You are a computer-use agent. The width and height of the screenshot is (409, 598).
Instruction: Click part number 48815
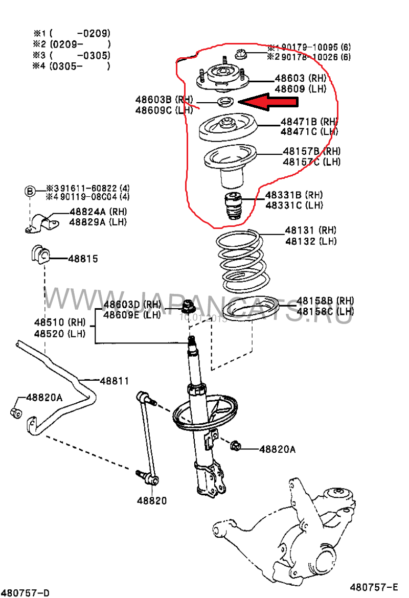click(x=84, y=259)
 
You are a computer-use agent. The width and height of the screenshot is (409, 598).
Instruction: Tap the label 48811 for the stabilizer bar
click(x=114, y=381)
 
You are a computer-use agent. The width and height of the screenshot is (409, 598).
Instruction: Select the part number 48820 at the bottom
click(x=151, y=501)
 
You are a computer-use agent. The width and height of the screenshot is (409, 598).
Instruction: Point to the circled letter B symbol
click(x=30, y=191)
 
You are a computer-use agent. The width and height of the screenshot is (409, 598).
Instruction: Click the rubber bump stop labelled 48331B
click(x=233, y=206)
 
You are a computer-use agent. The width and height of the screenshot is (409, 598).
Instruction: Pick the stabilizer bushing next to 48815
click(x=38, y=255)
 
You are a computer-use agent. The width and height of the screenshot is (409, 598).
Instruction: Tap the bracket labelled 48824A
click(x=41, y=224)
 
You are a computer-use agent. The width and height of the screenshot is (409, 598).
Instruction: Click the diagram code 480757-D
click(x=26, y=592)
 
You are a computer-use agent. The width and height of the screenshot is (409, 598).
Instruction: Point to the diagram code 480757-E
click(x=374, y=586)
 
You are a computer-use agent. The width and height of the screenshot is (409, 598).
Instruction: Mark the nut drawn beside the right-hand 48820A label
click(x=236, y=446)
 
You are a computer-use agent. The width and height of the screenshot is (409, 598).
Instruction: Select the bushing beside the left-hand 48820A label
click(x=17, y=412)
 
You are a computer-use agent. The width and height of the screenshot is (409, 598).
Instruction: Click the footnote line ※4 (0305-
click(x=72, y=66)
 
